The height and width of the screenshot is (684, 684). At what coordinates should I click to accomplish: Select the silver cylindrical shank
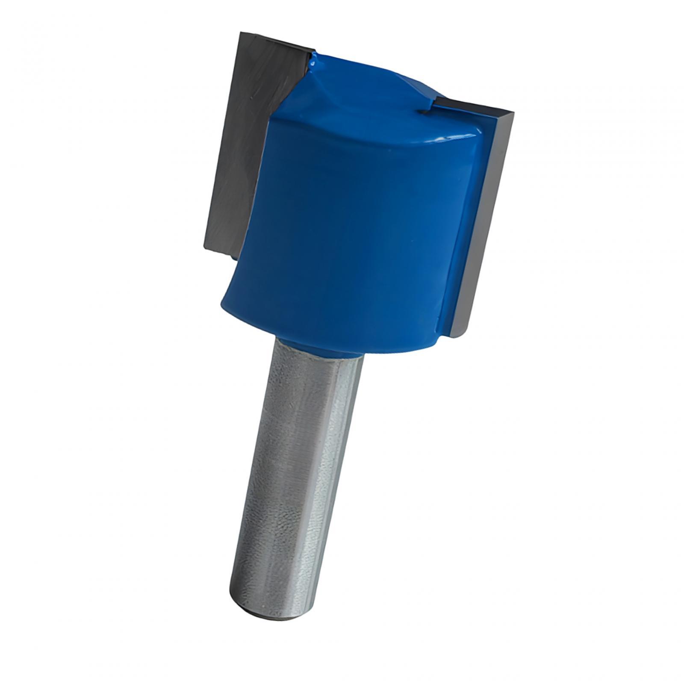click(x=295, y=470)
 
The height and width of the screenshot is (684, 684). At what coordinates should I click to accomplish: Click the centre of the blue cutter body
click(x=355, y=222)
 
